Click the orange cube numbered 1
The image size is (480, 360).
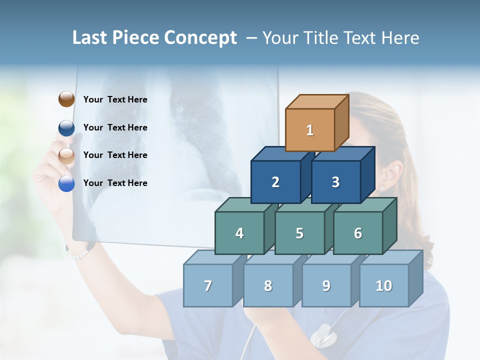pos(310,130)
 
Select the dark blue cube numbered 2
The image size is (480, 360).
pos(275,182)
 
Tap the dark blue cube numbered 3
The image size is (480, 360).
pos(335,182)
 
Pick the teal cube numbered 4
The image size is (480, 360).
pos(239,233)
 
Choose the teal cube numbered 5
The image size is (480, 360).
pos(299,233)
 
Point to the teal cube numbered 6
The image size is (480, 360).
pos(358,233)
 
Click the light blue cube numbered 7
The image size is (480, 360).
pos(208,285)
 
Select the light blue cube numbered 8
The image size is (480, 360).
pos(268,285)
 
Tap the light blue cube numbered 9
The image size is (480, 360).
pos(326,285)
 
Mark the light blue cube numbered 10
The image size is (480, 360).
pos(384,285)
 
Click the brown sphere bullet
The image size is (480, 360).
pos(66,99)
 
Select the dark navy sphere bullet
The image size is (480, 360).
pos(66,127)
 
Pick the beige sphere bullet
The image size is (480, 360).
pos(66,155)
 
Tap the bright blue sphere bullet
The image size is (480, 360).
pos(66,183)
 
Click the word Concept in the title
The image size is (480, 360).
pos(200,38)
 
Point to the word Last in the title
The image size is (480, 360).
pos(91,38)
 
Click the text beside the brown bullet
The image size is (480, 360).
pos(115,99)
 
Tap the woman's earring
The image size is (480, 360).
pos(382,188)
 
